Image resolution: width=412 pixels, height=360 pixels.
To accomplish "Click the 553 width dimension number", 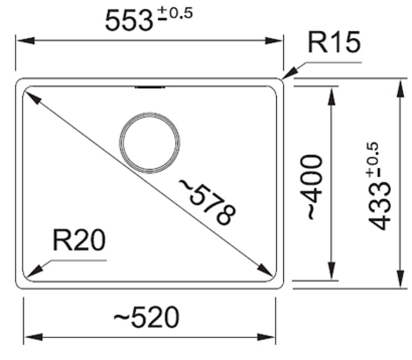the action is click(129, 20).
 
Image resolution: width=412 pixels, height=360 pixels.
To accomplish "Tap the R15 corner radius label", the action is click(334, 42).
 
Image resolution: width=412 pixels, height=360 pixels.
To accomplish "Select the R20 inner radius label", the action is click(79, 240).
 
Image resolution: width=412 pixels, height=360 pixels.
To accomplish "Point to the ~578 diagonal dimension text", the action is click(207, 202).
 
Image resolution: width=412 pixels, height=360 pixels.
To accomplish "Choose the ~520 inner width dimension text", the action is click(146, 317).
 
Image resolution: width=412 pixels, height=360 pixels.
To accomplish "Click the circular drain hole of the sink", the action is click(150, 143).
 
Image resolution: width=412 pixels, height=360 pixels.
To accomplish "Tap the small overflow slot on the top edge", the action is click(150, 87).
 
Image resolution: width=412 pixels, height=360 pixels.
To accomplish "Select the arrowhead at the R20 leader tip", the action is click(34, 271).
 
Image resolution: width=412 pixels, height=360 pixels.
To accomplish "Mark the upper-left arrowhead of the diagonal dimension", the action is click(33, 97).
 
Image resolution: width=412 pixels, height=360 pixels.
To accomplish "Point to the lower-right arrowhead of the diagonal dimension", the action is click(265, 270).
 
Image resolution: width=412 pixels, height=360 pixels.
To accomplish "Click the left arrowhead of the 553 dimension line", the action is click(26, 40).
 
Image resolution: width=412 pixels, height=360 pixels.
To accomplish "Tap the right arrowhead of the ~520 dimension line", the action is click(266, 337).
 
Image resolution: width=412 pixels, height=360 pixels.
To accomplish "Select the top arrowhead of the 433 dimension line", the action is click(400, 89).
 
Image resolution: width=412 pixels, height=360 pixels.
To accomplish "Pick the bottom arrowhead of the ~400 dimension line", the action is click(332, 271).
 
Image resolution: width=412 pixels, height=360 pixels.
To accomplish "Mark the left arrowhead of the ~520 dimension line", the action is click(33, 337).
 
